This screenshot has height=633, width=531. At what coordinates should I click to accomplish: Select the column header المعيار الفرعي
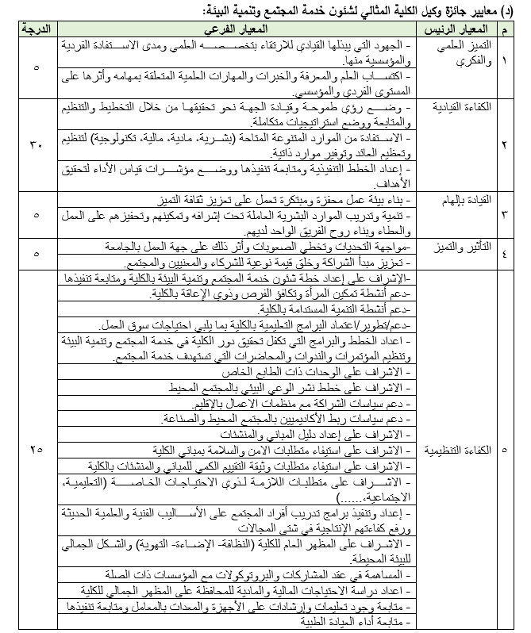tap(237, 29)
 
